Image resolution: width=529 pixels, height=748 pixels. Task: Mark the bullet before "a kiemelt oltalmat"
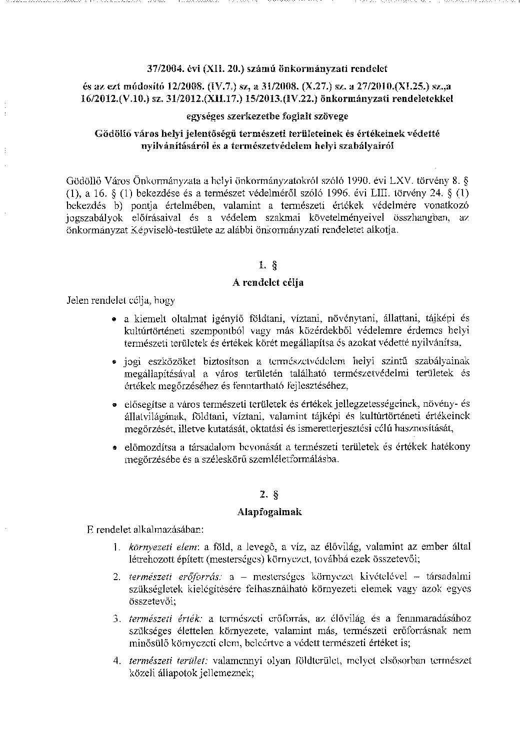(x=114, y=318)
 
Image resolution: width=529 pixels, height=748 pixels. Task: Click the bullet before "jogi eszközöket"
(x=114, y=361)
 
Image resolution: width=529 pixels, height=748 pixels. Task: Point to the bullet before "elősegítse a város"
(x=114, y=404)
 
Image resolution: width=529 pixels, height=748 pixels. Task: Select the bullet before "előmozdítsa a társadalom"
(x=114, y=447)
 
